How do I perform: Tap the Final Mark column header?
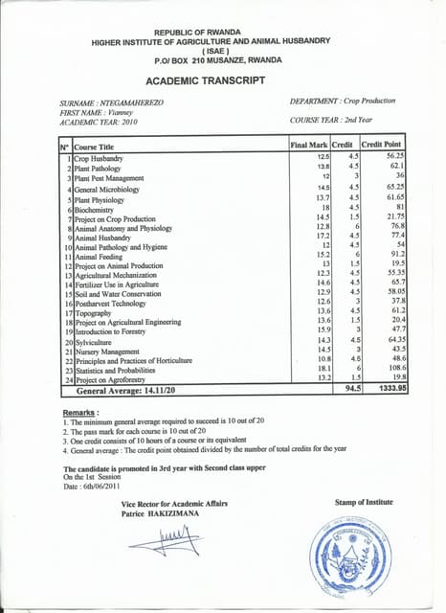(308, 145)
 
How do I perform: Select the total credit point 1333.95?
(388, 390)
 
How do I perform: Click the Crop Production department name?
(372, 102)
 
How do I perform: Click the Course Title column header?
(95, 147)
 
